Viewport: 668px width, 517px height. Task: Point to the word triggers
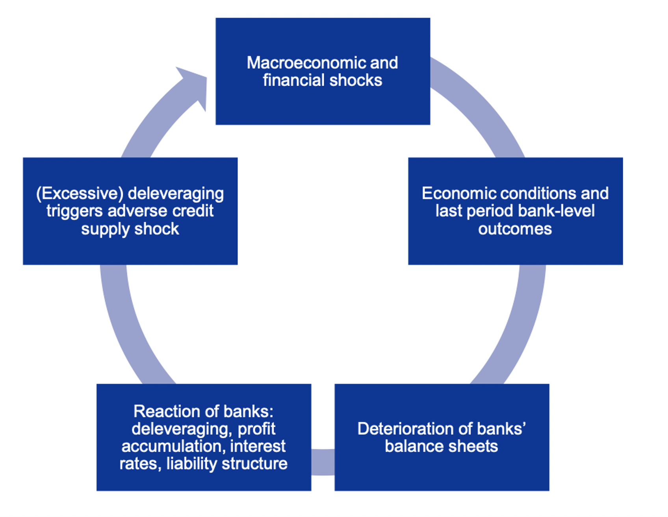click(x=74, y=211)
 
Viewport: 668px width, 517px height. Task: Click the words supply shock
click(x=130, y=229)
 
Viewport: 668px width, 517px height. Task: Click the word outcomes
click(x=515, y=229)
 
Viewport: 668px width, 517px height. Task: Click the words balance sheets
click(x=441, y=447)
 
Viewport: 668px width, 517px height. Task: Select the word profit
click(x=256, y=429)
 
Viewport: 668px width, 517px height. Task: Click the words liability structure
click(x=226, y=464)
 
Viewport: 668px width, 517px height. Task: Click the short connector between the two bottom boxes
click(x=323, y=462)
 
